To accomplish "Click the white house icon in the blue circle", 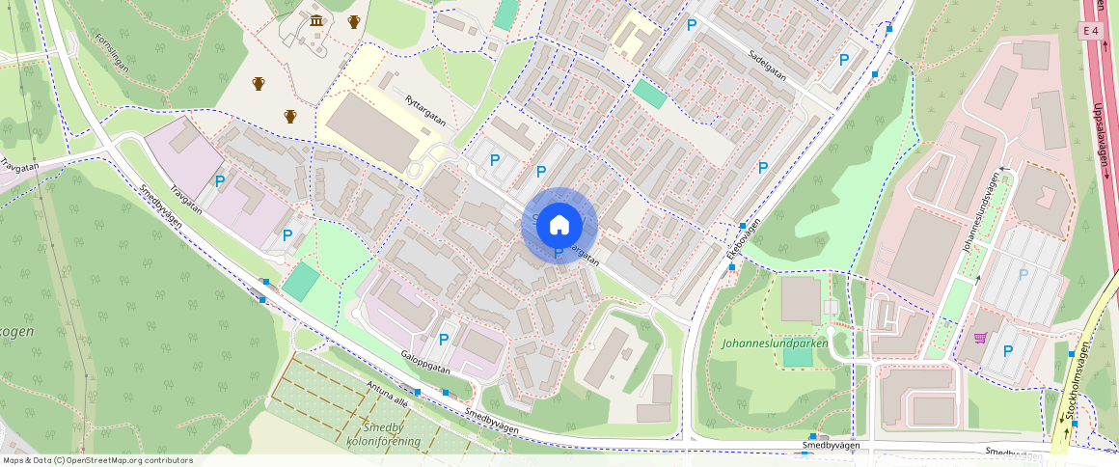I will [559, 225].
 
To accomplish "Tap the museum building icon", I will [315, 21].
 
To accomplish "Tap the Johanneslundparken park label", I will [775, 343].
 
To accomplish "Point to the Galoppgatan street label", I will [425, 362].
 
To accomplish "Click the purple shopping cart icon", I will [981, 338].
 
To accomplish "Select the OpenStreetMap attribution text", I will [96, 460].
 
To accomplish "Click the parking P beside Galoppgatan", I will [444, 339].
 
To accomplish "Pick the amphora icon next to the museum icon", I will [354, 21].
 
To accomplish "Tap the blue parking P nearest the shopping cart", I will [1008, 351].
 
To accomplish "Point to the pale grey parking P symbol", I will [1023, 274].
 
